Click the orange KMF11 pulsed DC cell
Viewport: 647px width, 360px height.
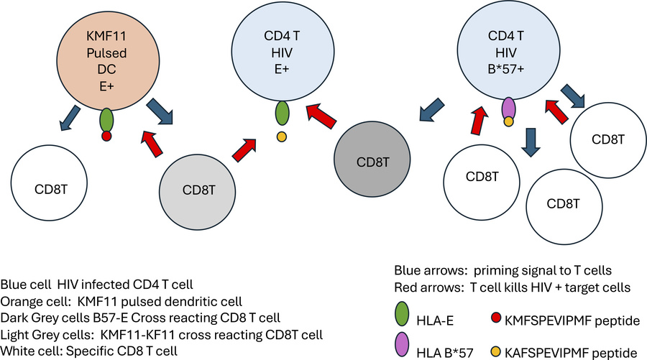(x=108, y=60)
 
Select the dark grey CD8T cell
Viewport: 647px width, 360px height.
(x=372, y=160)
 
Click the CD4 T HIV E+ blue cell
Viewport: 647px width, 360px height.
(x=283, y=51)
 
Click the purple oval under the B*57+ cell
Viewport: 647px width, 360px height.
(x=508, y=108)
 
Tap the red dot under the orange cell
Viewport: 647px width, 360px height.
(x=106, y=136)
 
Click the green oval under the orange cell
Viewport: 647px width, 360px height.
(x=106, y=120)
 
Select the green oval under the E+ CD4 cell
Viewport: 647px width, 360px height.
(x=282, y=113)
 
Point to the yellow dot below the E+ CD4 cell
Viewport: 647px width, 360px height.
(x=282, y=137)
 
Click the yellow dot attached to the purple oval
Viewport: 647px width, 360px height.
(x=508, y=121)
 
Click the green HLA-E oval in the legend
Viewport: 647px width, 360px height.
(x=402, y=314)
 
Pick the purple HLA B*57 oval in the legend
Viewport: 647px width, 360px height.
(x=402, y=344)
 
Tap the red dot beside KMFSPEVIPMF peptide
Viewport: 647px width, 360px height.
(x=496, y=318)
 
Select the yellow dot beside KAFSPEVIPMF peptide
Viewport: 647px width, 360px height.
(x=495, y=352)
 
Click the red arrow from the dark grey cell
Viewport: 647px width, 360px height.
(x=322, y=116)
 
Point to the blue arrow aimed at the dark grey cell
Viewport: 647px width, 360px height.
(x=432, y=110)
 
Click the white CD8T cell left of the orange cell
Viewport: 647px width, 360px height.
(x=49, y=183)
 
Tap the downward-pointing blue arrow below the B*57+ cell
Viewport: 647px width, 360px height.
(x=531, y=142)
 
